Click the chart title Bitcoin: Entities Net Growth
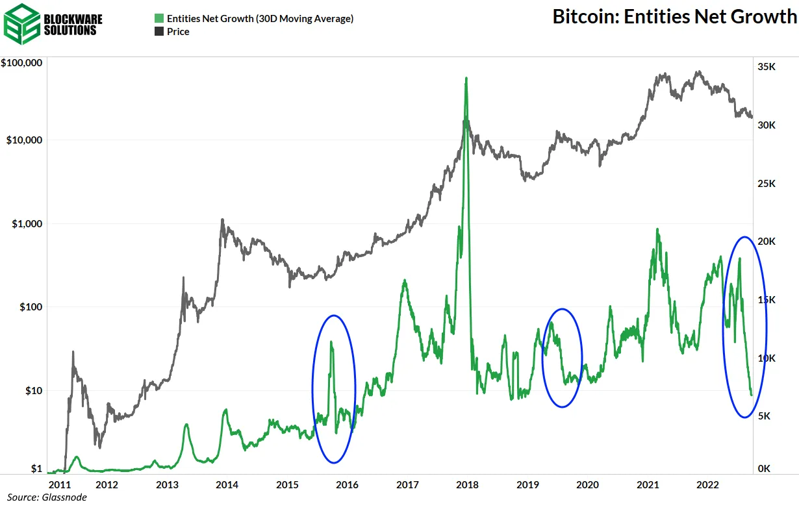click(674, 16)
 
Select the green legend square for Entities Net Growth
click(158, 19)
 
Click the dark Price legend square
click(158, 31)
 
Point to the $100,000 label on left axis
click(22, 63)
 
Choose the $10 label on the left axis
click(32, 390)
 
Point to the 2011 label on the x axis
click(59, 484)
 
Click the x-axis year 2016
click(347, 484)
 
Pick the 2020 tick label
click(587, 484)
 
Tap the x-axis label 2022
click(707, 484)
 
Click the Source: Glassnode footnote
click(47, 497)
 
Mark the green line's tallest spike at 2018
click(466, 79)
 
